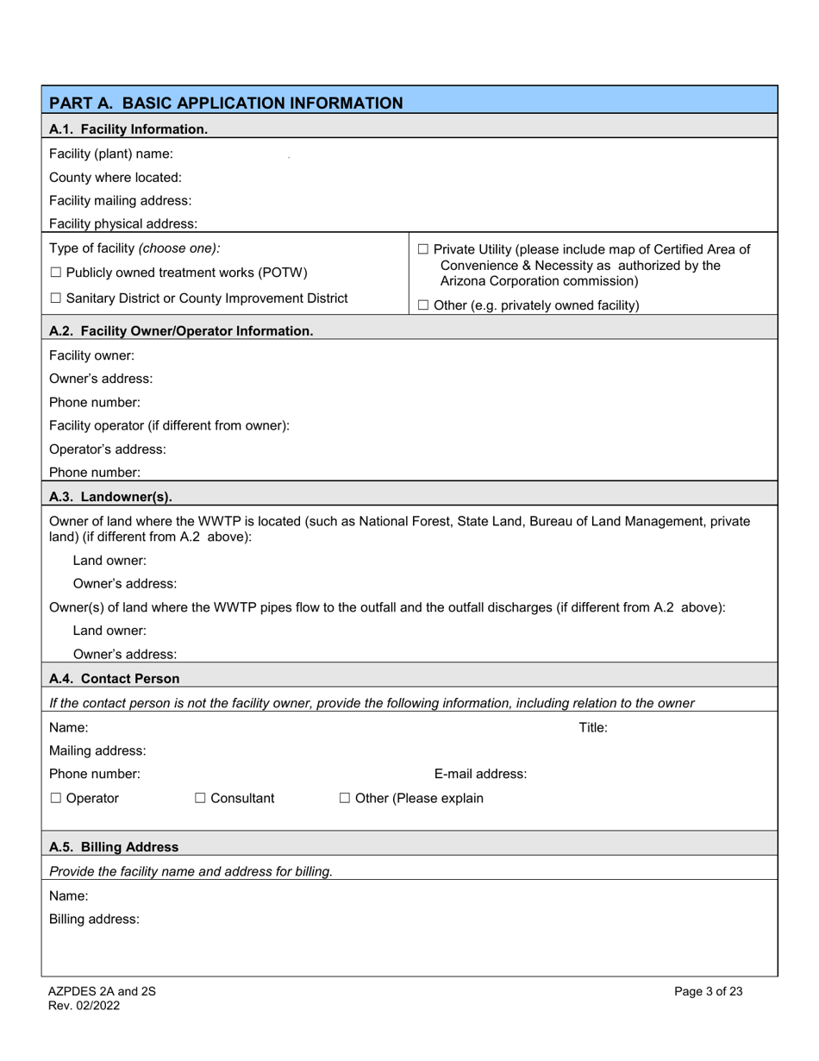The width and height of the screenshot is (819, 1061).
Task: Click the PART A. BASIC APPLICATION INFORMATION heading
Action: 226,103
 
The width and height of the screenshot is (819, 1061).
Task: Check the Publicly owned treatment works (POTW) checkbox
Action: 56,273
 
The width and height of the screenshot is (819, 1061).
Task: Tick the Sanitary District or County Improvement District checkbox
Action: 56,298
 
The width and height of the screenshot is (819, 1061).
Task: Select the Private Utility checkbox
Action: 423,249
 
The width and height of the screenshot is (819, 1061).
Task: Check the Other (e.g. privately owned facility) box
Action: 423,305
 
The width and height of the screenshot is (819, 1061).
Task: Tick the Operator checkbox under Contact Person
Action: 56,799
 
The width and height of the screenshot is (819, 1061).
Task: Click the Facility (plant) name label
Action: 110,154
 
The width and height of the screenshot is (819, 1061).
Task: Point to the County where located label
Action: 116,178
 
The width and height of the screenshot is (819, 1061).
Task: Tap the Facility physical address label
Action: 123,223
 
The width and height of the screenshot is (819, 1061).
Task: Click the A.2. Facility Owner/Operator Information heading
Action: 181,330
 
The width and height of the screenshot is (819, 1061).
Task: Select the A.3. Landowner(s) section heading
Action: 110,496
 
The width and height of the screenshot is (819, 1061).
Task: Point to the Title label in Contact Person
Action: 593,727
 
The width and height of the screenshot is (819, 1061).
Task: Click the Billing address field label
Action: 94,919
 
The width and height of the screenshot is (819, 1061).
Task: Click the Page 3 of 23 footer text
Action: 708,992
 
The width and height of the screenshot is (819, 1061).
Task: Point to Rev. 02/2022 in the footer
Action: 84,1006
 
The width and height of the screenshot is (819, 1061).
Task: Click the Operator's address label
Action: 108,449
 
